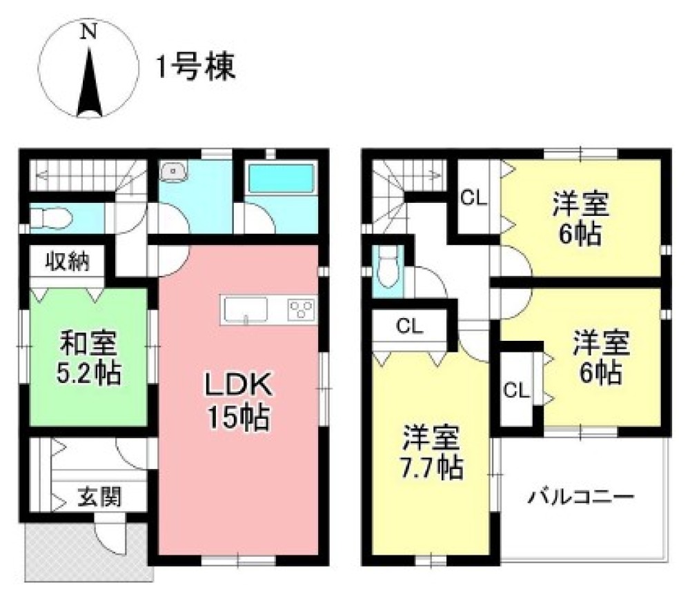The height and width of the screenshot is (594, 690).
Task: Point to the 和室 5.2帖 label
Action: tap(89, 357)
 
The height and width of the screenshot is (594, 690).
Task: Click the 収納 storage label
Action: tap(66, 262)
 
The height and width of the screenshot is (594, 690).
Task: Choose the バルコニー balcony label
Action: tap(582, 497)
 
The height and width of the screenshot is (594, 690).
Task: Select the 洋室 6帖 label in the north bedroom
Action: tap(580, 219)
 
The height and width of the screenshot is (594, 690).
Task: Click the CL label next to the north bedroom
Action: tap(474, 199)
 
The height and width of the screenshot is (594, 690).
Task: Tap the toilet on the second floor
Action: tap(387, 268)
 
